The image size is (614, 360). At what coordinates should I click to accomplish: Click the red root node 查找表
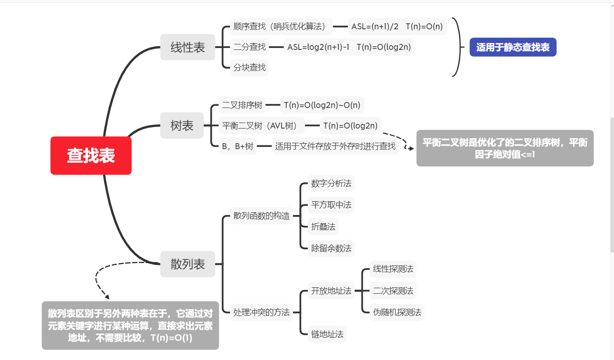(91, 156)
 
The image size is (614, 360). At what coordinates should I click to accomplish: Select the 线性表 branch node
(188, 47)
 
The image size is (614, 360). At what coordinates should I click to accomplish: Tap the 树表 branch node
(182, 125)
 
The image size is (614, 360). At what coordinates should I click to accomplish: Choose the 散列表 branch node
(188, 264)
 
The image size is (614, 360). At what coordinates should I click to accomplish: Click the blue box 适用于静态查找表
(513, 47)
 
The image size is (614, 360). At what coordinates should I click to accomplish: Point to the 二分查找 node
(249, 47)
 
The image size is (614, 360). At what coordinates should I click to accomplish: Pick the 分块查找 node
(249, 67)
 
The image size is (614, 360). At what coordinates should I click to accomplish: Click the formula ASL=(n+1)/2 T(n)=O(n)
(397, 27)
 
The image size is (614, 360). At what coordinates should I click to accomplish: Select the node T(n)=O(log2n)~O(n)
(322, 105)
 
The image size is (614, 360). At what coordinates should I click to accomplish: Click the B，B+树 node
(237, 146)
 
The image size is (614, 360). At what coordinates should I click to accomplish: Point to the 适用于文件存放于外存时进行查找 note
(335, 146)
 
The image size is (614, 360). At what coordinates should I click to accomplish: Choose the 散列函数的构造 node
(262, 216)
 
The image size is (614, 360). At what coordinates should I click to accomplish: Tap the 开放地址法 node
(331, 290)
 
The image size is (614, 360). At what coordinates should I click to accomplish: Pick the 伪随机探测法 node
(397, 312)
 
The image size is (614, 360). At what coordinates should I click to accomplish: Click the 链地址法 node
(327, 334)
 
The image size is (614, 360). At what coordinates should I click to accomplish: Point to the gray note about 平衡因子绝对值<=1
(505, 148)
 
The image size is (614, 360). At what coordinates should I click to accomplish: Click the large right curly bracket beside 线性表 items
(456, 47)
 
